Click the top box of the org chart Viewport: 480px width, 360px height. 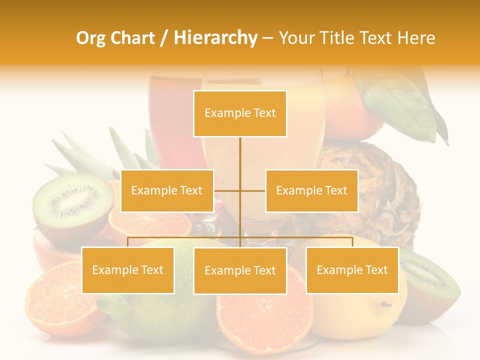click(x=240, y=113)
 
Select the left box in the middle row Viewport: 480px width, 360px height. click(x=167, y=190)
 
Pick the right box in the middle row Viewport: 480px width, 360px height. click(x=311, y=190)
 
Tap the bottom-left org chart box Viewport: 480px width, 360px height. click(x=128, y=270)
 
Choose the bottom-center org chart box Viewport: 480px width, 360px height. click(x=240, y=270)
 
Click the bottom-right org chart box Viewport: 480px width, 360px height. click(x=352, y=270)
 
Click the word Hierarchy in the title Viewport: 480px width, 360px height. click(x=215, y=38)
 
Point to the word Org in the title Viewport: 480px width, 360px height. click(x=90, y=38)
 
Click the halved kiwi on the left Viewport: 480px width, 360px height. click(x=72, y=205)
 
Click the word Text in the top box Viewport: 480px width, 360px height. click(x=264, y=113)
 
